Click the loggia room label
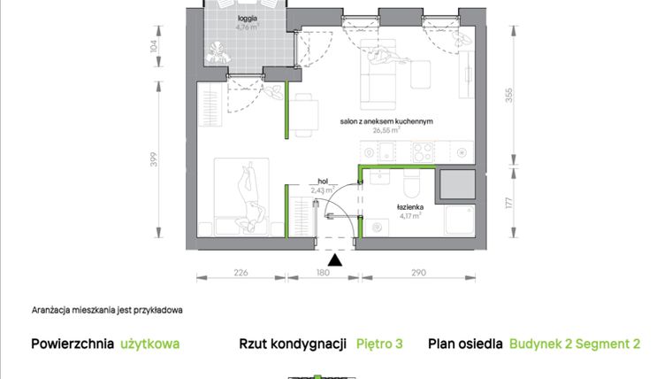click(247, 17)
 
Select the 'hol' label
click(323, 180)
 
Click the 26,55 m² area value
click(386, 130)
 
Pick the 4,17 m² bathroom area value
click(409, 214)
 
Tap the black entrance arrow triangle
click(334, 259)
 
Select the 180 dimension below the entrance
click(323, 273)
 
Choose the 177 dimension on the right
click(508, 204)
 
